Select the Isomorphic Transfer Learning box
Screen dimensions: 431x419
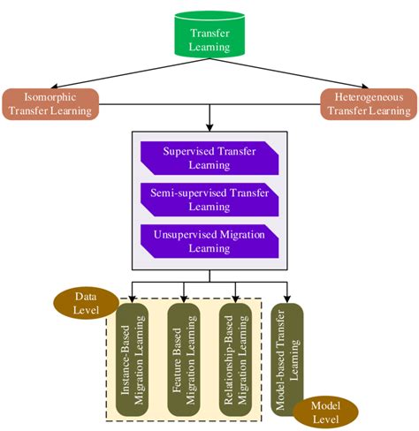tap(50, 103)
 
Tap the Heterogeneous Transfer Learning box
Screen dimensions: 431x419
tap(368, 103)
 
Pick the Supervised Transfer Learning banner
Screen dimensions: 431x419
tap(209, 157)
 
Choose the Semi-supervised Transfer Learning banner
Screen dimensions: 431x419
tap(209, 198)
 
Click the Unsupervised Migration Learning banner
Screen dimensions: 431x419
tap(209, 241)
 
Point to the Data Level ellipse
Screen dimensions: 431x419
tap(85, 304)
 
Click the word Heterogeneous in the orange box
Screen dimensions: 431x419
tap(368, 95)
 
